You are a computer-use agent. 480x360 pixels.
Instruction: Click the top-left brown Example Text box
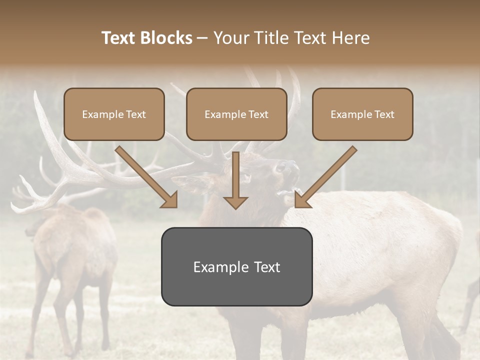[x=114, y=114]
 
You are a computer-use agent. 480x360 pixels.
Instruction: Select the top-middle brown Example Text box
[x=236, y=114]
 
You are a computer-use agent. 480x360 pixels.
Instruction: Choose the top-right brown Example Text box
[x=362, y=114]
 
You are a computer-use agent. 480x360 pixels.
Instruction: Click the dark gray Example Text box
[x=236, y=266]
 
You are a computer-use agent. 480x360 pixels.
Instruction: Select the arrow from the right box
[x=327, y=175]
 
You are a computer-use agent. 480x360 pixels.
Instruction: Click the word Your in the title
[x=229, y=38]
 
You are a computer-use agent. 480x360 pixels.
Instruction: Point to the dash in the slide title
[x=203, y=38]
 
